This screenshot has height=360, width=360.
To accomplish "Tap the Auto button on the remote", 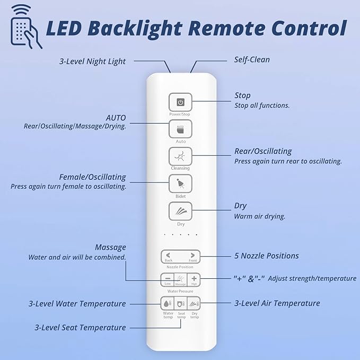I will click(180, 129).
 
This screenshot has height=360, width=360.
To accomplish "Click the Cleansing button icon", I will click(180, 156).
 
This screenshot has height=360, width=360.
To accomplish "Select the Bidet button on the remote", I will click(180, 184).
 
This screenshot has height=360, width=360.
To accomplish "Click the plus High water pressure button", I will click(194, 279).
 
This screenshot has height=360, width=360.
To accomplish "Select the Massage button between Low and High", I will click(181, 279).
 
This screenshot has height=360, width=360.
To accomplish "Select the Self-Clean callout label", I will click(252, 59).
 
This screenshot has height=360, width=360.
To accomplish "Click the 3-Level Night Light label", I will click(92, 62).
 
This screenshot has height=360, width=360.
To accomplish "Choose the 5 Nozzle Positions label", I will click(267, 256).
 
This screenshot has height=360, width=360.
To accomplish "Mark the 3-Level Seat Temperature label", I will click(80, 328).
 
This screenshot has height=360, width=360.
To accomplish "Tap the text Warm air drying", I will click(260, 216).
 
